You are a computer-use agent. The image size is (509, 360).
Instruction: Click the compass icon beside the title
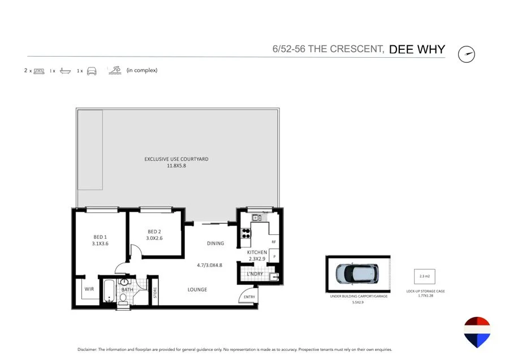click(x=467, y=54)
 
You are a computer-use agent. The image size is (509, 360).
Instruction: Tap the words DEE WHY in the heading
click(x=417, y=49)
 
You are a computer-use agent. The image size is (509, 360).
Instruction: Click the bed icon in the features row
click(x=38, y=71)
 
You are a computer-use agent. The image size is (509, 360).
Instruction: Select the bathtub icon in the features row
click(x=65, y=71)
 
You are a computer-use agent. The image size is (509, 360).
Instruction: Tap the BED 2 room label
click(x=155, y=235)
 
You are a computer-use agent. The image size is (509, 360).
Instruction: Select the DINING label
click(x=215, y=243)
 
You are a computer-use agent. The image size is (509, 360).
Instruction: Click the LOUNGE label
click(x=197, y=290)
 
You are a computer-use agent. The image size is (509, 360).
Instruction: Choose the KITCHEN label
click(x=257, y=252)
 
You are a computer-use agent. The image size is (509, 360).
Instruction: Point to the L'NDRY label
click(x=255, y=275)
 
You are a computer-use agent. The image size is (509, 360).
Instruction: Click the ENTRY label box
click(x=249, y=297)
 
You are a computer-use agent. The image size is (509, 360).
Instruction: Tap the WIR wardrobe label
click(x=89, y=289)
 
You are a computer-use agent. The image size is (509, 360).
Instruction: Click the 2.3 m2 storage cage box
click(x=424, y=276)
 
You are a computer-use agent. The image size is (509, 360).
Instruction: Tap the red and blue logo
click(x=476, y=332)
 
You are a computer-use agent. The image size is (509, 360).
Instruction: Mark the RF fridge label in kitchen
click(x=273, y=241)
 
